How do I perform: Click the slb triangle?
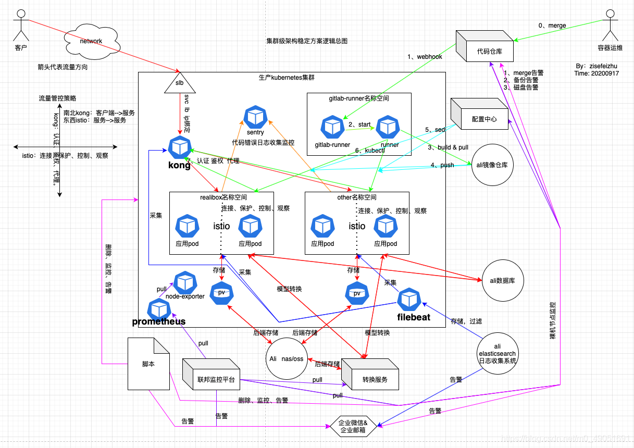180,84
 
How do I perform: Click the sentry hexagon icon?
255,117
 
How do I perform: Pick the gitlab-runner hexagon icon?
332,127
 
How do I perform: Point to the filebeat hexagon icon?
408,300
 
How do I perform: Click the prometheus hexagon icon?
158,309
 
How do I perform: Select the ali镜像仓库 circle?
492,165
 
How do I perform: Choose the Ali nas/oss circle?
286,359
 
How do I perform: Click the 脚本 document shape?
149,364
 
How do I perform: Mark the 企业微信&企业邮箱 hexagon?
353,427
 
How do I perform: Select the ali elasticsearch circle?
497,353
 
